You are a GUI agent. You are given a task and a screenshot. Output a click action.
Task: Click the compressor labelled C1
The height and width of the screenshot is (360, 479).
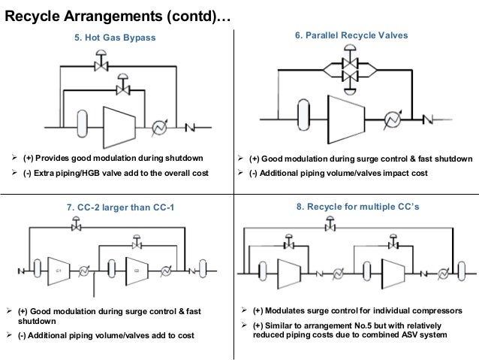tap(57, 268)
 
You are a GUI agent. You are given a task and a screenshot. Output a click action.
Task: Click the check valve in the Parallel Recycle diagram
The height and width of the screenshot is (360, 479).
tap(432, 118)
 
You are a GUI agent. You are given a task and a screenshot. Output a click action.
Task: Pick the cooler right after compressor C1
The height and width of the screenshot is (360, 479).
tap(85, 268)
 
